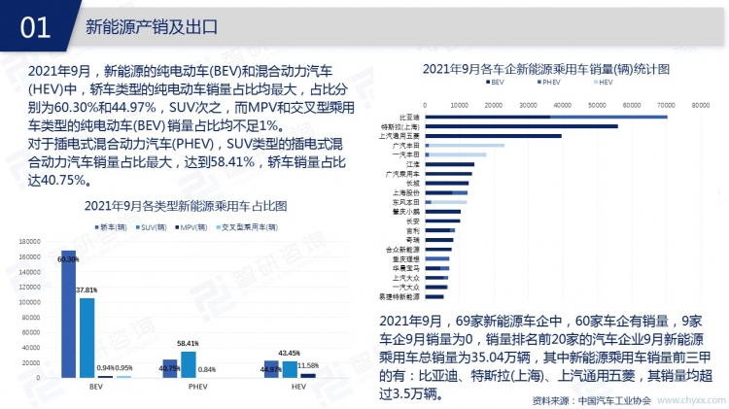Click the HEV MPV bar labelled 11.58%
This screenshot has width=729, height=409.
308,375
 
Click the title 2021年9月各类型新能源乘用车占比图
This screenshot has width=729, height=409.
185,206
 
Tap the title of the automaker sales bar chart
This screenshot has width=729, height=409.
545,69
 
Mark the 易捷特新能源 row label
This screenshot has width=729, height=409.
400,296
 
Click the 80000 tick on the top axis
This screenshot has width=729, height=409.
701,103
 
